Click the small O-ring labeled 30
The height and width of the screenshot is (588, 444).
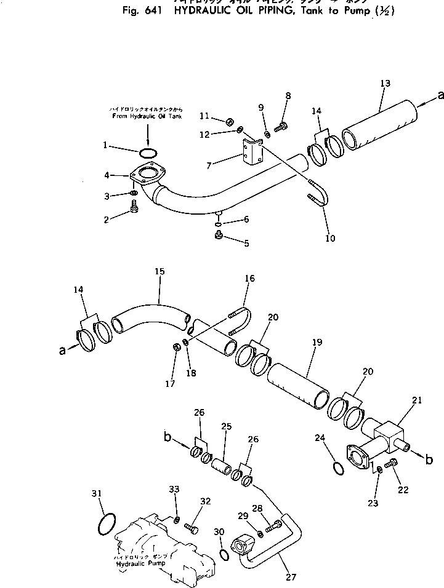pyautogui.click(x=225, y=554)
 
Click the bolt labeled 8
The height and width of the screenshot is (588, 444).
pyautogui.click(x=283, y=127)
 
